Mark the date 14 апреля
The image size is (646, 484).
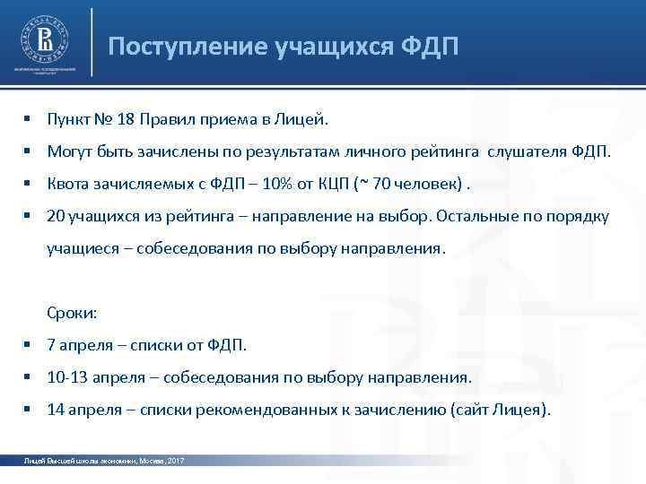[85, 410]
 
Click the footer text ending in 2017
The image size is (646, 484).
[103, 460]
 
